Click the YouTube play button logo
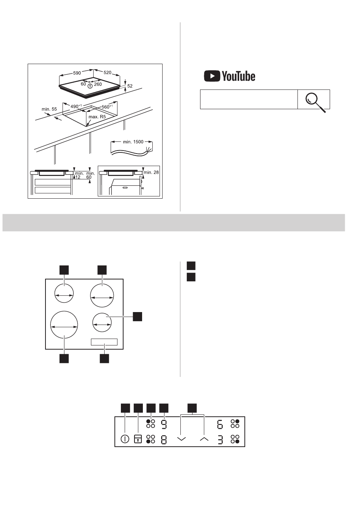(212, 76)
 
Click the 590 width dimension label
(77, 73)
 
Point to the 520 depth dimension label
(107, 72)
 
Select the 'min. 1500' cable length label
(133, 142)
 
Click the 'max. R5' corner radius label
(97, 116)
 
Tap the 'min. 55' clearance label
(49, 109)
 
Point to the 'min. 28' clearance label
(151, 173)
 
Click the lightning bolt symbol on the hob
(90, 86)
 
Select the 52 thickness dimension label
(130, 86)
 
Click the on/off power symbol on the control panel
(125, 439)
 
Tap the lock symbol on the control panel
(138, 439)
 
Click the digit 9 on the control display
(164, 424)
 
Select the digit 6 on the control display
(220, 424)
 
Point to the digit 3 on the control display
(220, 439)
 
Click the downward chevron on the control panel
(182, 439)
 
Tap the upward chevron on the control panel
(204, 439)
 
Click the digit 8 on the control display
(164, 439)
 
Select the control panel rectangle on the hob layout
(104, 342)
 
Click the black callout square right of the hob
(137, 317)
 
